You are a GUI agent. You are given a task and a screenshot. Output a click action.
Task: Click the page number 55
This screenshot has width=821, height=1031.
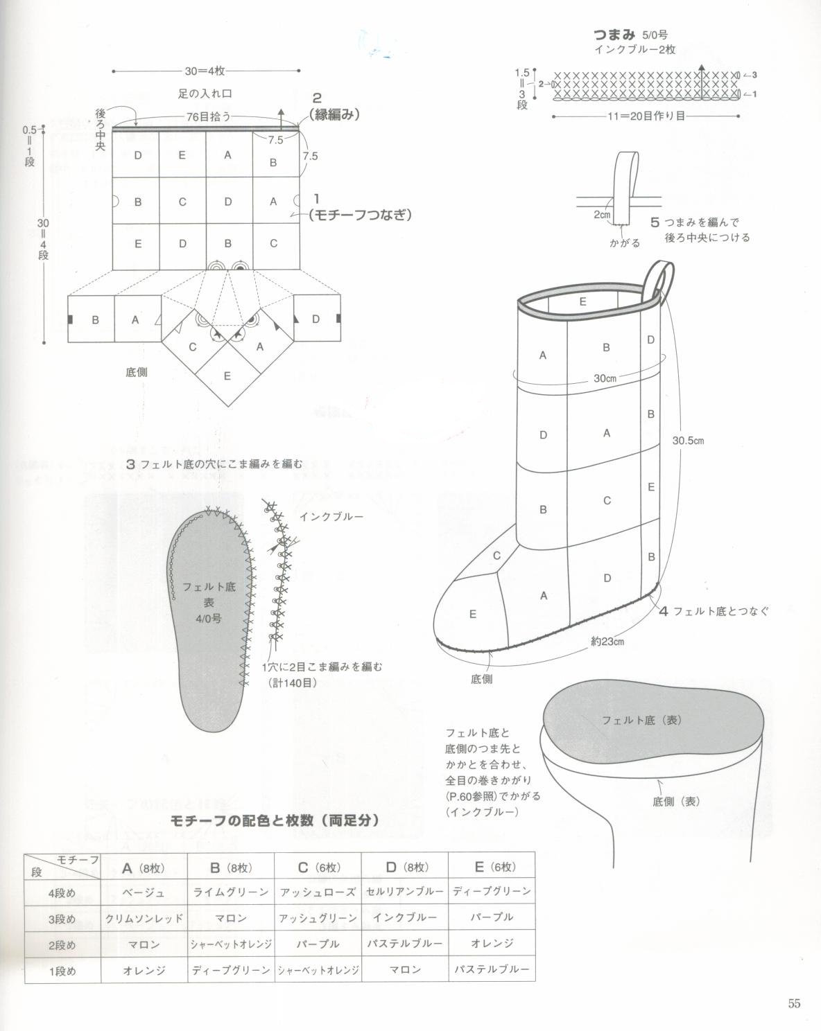[x=794, y=1003]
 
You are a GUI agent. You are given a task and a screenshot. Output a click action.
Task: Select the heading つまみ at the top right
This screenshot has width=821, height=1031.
[x=610, y=34]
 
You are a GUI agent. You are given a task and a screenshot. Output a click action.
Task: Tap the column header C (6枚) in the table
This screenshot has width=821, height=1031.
[x=318, y=867]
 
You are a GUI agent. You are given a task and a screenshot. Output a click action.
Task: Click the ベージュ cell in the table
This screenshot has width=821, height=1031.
[x=144, y=892]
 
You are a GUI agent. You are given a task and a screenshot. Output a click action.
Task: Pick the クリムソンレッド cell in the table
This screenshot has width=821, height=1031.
[x=144, y=918]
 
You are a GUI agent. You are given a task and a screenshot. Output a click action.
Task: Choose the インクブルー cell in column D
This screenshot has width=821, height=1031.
[x=404, y=917]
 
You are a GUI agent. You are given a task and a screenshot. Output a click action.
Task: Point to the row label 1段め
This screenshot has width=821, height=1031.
[x=62, y=970]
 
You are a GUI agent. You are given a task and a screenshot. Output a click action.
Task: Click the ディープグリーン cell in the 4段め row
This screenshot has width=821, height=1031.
[x=492, y=891]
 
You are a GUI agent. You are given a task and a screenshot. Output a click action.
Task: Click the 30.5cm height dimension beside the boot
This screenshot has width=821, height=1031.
[x=688, y=440]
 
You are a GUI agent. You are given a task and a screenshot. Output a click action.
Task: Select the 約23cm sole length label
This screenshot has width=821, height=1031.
[x=607, y=642]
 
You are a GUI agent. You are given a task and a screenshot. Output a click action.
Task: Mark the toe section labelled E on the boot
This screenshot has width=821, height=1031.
[x=473, y=614]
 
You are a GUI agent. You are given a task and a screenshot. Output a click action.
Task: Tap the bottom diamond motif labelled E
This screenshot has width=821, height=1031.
[x=227, y=376]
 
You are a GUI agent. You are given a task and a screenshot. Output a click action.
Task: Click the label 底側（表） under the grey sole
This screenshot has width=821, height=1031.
[x=677, y=801]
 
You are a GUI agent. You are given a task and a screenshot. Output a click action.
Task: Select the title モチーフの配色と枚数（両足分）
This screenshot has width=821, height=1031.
[x=275, y=820]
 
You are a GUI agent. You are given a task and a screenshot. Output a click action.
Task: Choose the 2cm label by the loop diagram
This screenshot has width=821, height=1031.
[x=602, y=215]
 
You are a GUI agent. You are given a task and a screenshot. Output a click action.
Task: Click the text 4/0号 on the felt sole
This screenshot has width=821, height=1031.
[x=209, y=618]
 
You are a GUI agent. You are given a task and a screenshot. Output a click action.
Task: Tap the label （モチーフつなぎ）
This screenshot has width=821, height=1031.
[x=361, y=215]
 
